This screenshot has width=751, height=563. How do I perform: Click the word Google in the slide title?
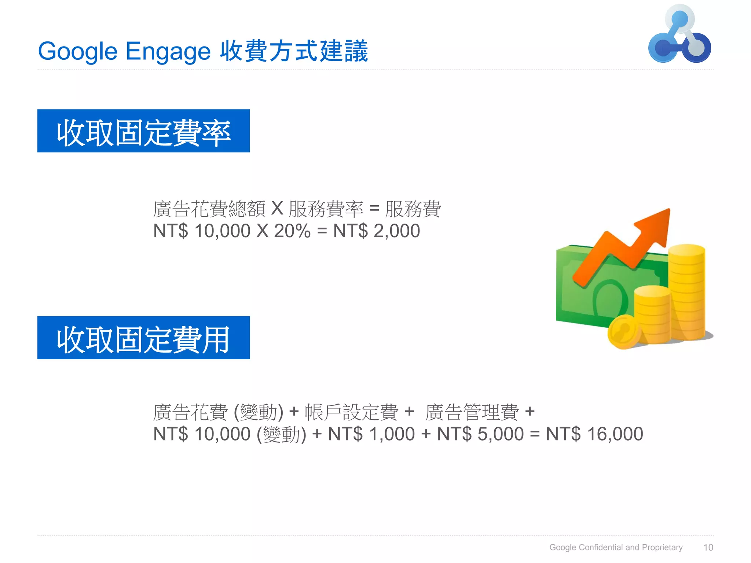77,51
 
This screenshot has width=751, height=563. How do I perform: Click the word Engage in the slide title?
168,51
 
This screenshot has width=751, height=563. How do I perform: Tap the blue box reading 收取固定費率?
143,131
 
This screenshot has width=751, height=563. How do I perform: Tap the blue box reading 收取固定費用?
143,338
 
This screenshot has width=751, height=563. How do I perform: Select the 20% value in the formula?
292,231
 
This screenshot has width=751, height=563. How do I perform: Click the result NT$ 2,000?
376,231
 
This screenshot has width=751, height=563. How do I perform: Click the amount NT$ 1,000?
371,434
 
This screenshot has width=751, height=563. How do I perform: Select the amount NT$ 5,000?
480,434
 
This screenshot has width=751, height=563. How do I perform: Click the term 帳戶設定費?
351,412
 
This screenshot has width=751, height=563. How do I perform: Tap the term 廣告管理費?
472,412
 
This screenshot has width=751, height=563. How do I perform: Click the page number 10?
708,547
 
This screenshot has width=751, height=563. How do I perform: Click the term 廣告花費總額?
209,209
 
